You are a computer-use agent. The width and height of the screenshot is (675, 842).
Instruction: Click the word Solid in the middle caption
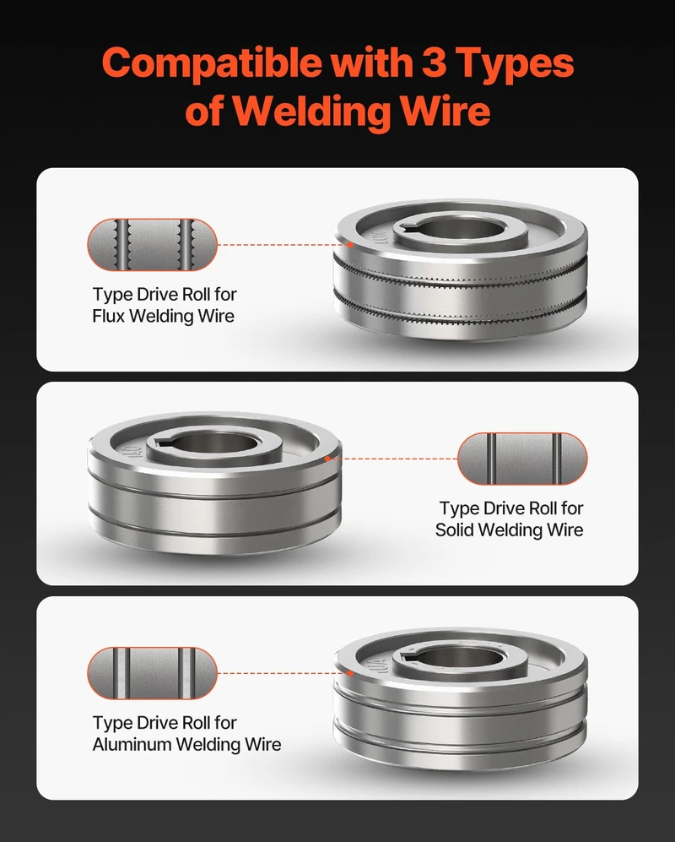click(x=454, y=530)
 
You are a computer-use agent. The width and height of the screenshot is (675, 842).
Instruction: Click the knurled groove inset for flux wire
click(x=153, y=244)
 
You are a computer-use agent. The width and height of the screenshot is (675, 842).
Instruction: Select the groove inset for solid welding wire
click(x=522, y=459)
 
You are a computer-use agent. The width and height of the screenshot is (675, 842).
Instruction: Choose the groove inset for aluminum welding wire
click(x=153, y=673)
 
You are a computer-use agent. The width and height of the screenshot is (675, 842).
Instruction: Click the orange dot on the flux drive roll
click(x=350, y=244)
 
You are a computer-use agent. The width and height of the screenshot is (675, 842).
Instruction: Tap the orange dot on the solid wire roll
click(x=327, y=459)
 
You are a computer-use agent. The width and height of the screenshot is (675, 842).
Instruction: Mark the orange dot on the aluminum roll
click(x=350, y=672)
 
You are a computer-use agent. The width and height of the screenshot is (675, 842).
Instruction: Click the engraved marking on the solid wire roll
click(x=132, y=451)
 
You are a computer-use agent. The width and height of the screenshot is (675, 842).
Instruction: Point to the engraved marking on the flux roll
click(x=381, y=237)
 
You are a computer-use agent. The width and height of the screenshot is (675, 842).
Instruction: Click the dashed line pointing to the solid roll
click(x=393, y=459)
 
